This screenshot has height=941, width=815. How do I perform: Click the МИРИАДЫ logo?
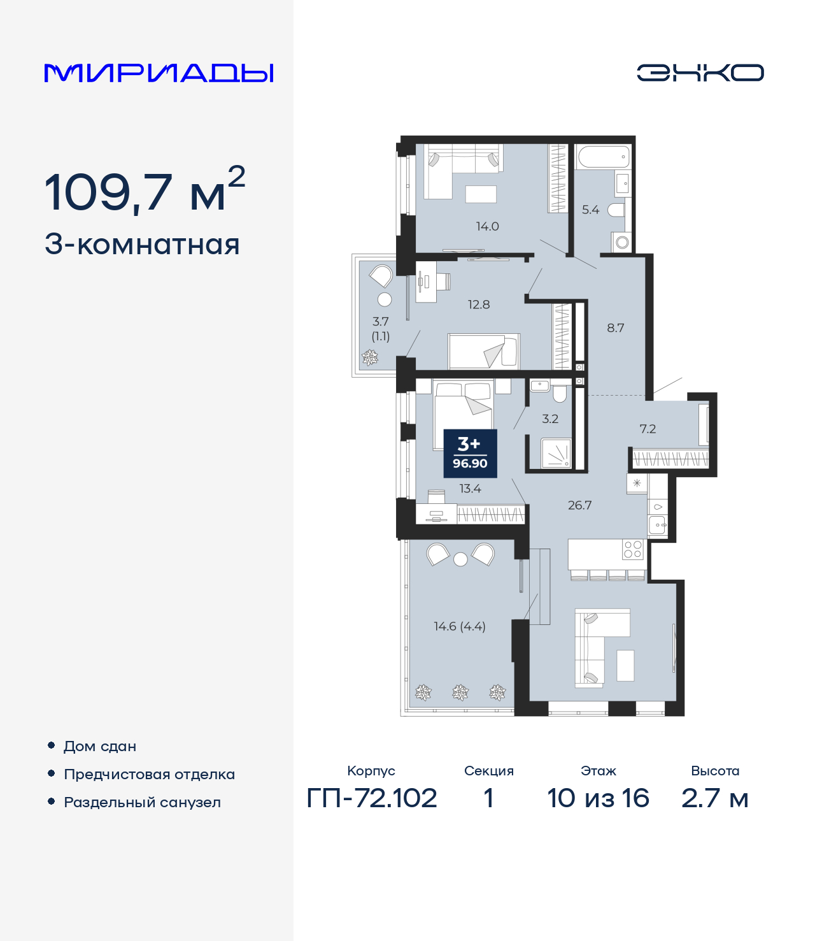159,73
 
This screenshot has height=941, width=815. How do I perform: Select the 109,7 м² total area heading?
145,190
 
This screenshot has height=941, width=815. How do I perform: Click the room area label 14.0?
487,226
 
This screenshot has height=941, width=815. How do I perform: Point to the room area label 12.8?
479,305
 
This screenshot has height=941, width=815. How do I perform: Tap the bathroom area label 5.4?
590,210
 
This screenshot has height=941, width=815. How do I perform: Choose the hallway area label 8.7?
615,327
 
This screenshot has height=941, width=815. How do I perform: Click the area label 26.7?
580,505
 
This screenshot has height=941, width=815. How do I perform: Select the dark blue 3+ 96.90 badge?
470,453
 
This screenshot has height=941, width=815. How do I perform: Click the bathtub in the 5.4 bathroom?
604,157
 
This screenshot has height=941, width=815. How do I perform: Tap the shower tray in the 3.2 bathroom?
556,453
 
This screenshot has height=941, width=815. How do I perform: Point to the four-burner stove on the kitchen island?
632,549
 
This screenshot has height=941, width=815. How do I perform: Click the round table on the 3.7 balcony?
385,299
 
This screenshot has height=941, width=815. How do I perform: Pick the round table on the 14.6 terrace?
460,559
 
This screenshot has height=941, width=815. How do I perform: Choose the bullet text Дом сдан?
100,747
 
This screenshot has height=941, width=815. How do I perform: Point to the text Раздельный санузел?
142,802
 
